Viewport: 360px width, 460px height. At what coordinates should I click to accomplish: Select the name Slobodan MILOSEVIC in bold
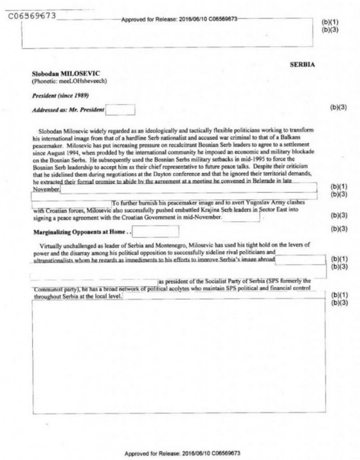[60, 74]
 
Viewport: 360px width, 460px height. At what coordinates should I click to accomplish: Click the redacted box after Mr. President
[120, 110]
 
